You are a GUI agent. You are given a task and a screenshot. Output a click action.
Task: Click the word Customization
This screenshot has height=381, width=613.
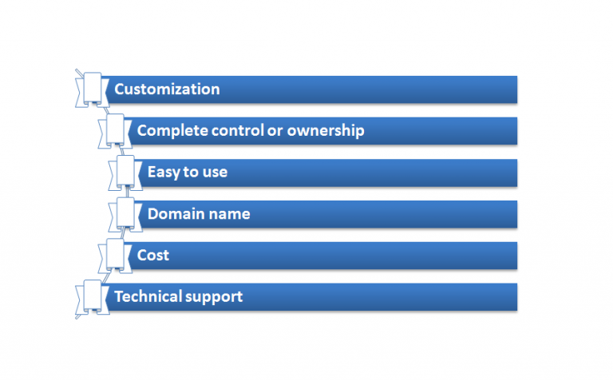pos(167,89)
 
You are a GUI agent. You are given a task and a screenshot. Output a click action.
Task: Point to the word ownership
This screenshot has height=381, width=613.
pos(326,131)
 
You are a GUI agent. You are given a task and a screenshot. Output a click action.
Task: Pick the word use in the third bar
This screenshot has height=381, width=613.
pos(215,173)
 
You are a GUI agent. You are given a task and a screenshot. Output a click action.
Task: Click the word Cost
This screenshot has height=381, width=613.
pos(153,255)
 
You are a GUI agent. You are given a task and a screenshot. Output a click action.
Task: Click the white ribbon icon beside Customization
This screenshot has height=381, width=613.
pos(93,90)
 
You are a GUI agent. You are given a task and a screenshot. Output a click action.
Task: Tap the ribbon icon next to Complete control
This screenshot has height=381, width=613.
pos(115,131)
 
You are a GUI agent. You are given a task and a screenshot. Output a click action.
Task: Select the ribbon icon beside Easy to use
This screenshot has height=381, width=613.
pos(125,173)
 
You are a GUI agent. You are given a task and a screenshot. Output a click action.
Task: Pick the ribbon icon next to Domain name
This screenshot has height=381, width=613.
pos(125,214)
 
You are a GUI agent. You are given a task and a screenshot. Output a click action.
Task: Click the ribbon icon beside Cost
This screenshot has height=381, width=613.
pos(115,256)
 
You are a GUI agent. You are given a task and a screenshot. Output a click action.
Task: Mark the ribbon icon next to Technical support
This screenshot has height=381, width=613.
pos(93,297)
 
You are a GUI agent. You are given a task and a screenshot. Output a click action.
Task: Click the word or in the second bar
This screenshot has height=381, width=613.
pos(275,132)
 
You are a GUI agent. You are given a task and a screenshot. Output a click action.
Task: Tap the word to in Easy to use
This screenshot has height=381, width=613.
pos(191,173)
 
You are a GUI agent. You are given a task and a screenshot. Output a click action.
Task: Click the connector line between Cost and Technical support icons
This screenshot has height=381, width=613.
pos(106,276)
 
